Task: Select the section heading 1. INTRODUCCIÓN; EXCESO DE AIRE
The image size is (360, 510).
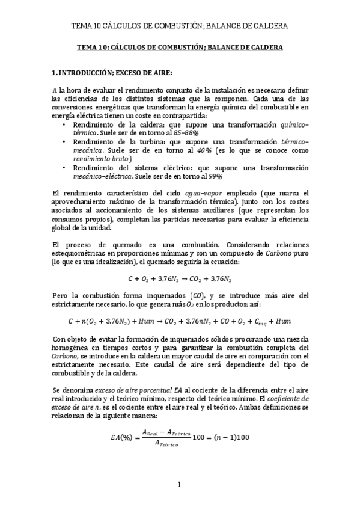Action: tap(112, 73)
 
